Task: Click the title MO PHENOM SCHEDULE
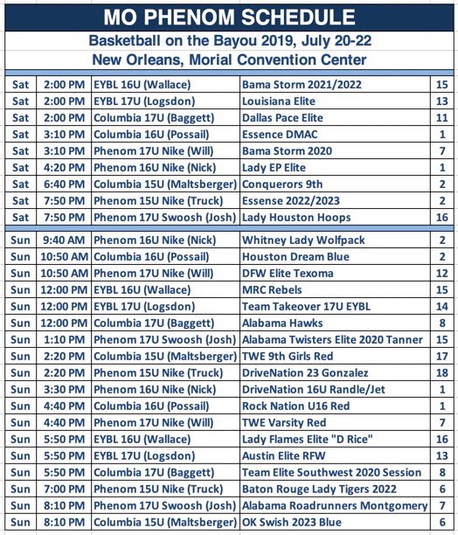(x=228, y=17)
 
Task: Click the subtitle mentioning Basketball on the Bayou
(x=228, y=40)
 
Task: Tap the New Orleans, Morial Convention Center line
(x=228, y=59)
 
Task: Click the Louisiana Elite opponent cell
(x=285, y=101)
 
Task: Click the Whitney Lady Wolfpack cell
(x=303, y=240)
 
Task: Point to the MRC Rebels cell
(x=277, y=290)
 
